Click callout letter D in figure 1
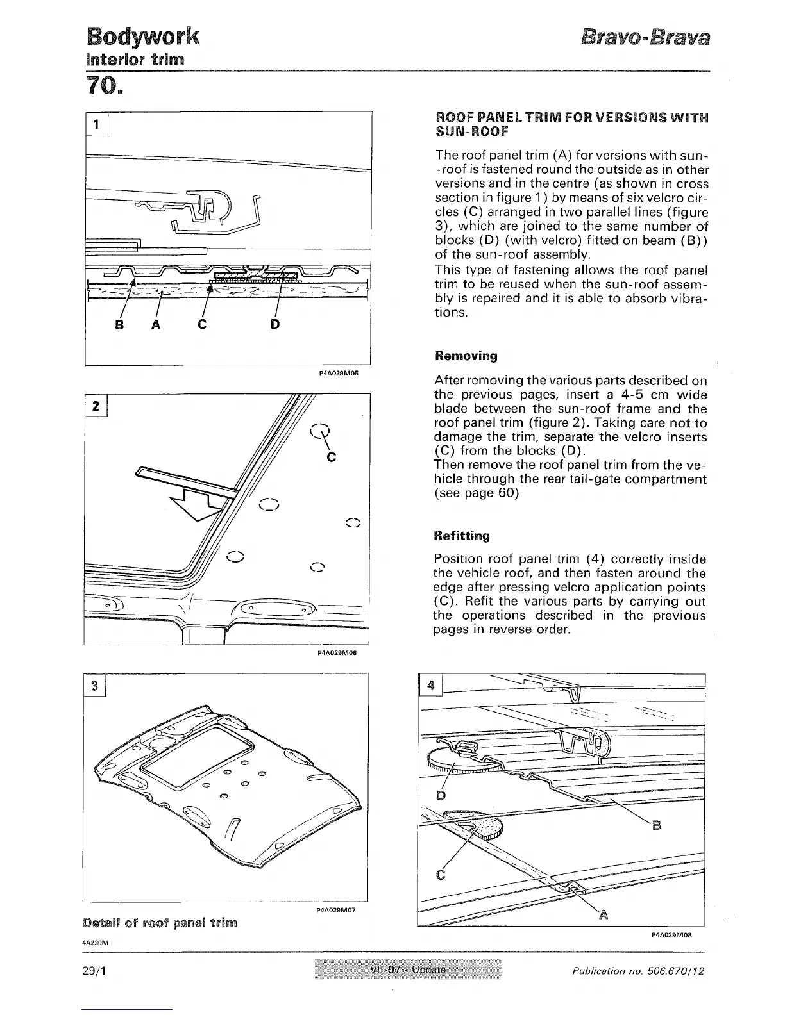coord(274,325)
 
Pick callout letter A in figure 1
coord(155,325)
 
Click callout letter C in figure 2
coord(332,458)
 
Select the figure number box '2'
coord(96,406)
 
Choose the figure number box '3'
coord(94,686)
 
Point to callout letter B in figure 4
coord(656,825)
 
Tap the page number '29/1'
coord(94,971)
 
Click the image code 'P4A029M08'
coord(669,935)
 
